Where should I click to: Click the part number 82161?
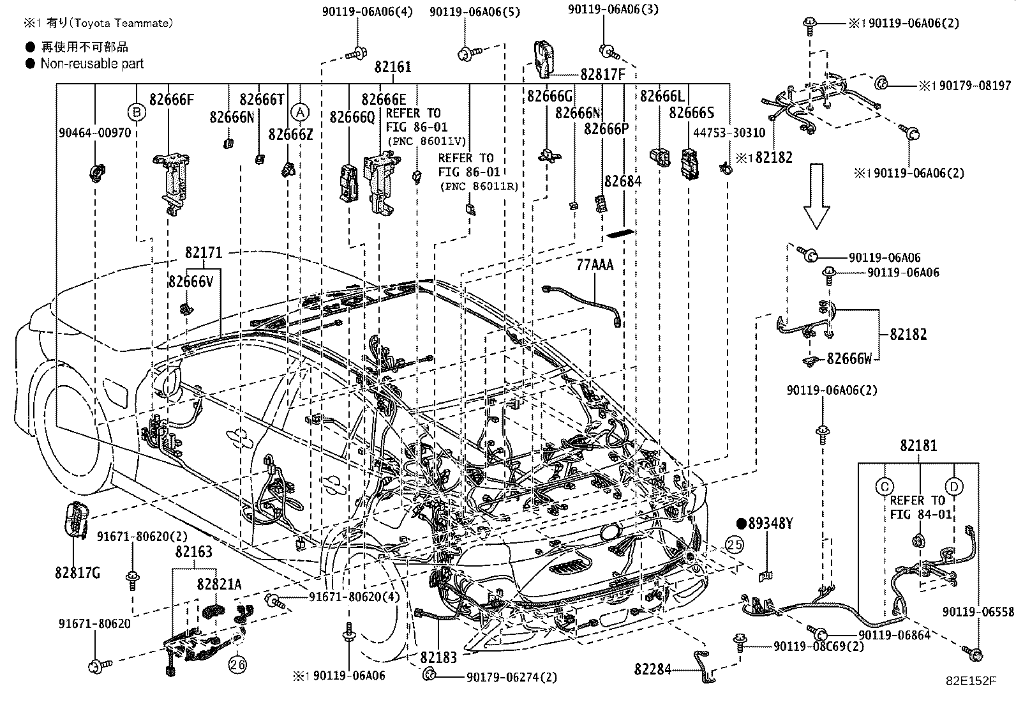[x=392, y=67]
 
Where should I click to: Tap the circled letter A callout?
[x=300, y=112]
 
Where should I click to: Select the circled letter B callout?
[x=137, y=112]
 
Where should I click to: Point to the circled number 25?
[x=735, y=544]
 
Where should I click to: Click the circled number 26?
[x=237, y=665]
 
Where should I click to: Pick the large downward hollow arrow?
[x=816, y=196]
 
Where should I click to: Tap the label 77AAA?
[x=595, y=264]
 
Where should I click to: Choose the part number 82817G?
[x=77, y=573]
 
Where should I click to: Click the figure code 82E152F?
[x=971, y=681]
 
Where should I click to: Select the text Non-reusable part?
[x=92, y=64]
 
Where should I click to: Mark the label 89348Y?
[x=770, y=523]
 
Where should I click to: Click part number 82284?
[x=653, y=669]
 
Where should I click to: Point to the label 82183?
[x=438, y=657]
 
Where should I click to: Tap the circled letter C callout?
[x=885, y=487]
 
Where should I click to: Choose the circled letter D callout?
[x=954, y=487]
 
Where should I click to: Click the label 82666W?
[x=849, y=359]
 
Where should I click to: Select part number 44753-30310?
[x=729, y=133]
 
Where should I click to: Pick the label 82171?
[x=204, y=252]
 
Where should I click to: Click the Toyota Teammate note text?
[x=98, y=23]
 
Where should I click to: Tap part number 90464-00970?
[x=95, y=133]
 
